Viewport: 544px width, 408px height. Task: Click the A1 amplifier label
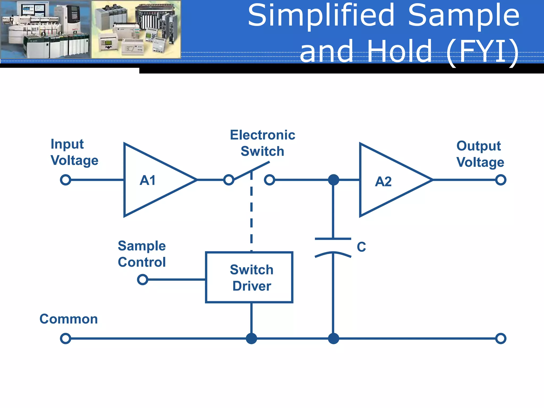click(x=148, y=180)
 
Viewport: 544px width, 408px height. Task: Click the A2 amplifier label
click(x=383, y=182)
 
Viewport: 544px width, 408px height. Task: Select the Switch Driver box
click(x=249, y=277)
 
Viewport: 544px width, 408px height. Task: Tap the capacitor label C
click(x=361, y=247)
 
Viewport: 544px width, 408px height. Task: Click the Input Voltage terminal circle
click(x=66, y=180)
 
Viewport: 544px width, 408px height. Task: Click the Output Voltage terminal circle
click(x=501, y=180)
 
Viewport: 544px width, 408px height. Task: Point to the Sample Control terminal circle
click(x=143, y=279)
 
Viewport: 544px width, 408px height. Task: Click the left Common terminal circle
click(x=66, y=338)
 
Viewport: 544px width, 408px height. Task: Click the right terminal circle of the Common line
click(x=501, y=338)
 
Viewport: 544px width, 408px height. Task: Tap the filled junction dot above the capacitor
click(x=333, y=180)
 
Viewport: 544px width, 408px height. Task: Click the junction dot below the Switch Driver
click(x=251, y=338)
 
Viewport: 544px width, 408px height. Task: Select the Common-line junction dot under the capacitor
click(x=333, y=338)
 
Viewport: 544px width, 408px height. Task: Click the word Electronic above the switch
click(x=262, y=135)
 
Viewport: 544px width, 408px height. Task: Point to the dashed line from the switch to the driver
click(x=251, y=212)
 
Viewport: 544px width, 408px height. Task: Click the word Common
click(x=69, y=319)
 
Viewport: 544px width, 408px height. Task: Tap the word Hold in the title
click(x=399, y=51)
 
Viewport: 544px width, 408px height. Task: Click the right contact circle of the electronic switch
click(x=269, y=180)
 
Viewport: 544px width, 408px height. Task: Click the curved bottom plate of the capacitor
click(x=333, y=254)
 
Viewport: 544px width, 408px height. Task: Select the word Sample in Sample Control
click(x=142, y=246)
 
